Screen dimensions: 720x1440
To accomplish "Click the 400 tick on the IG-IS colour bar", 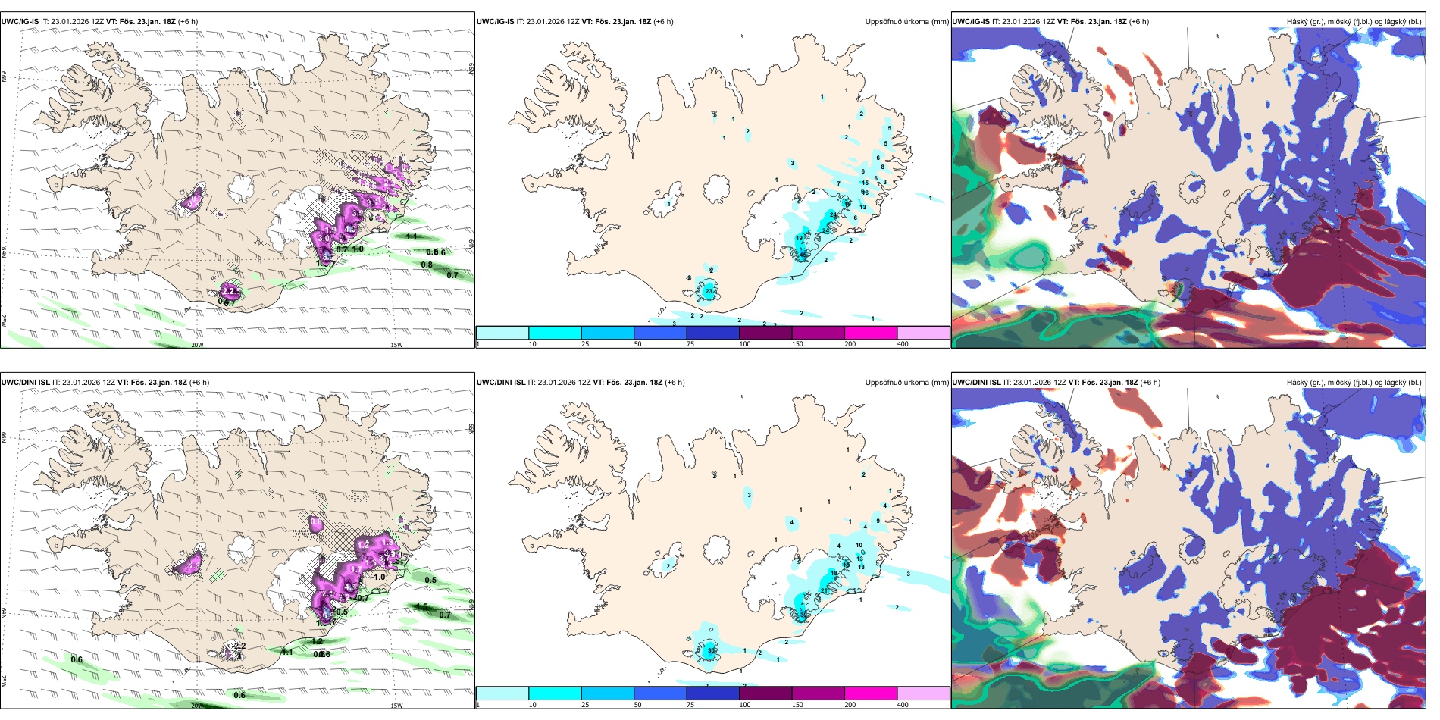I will point(903,344).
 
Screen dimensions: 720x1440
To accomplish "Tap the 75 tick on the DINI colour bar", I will point(690,705).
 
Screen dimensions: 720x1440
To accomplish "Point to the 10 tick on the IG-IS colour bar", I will point(533,344).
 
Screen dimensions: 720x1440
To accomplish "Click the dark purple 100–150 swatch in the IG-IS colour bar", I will point(765,333).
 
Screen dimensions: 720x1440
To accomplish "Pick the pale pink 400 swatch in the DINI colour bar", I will point(923,693).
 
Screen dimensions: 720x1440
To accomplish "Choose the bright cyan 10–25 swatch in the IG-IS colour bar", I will point(555,333).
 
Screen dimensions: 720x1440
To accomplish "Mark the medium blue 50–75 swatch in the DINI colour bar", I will point(660,693).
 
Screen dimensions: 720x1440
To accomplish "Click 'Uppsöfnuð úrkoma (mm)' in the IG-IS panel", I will point(906,22).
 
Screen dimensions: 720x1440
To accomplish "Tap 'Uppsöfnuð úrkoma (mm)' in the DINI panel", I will point(906,383).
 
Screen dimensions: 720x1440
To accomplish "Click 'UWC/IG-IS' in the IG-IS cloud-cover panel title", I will point(971,22).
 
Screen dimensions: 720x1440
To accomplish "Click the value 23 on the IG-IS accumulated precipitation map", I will point(709,291).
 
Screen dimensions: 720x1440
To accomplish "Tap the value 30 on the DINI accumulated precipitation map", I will point(711,650).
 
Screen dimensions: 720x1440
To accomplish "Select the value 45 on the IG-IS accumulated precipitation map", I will point(803,255).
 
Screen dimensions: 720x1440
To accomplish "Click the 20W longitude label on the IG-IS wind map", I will point(197,345).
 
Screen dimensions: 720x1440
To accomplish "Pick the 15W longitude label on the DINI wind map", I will point(396,706).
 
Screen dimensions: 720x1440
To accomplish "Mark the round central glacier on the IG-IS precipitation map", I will point(716,188).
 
